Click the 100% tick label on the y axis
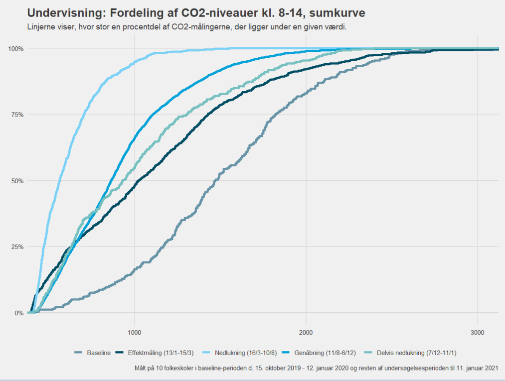click(x=16, y=48)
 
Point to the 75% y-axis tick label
click(x=17, y=115)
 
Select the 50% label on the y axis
click(x=17, y=181)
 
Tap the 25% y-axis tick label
click(x=17, y=247)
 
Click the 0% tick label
click(x=19, y=313)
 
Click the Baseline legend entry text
click(x=99, y=353)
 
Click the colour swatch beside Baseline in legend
click(x=78, y=353)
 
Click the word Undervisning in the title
click(x=61, y=12)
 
